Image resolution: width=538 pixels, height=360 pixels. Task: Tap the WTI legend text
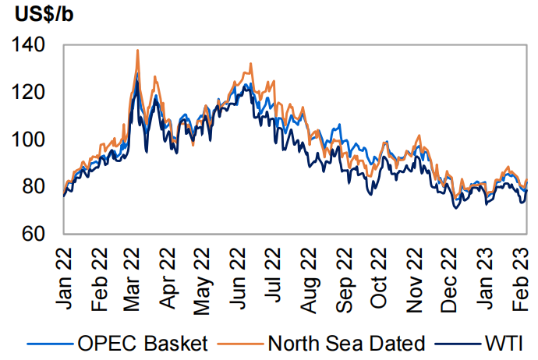pyautogui.click(x=504, y=342)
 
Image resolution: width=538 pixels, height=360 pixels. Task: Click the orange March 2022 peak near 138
pyautogui.click(x=138, y=51)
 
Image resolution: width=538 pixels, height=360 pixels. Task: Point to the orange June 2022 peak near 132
pyautogui.click(x=250, y=64)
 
